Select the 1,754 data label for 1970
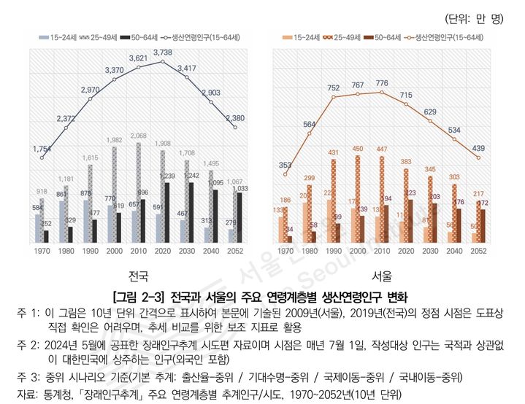click(x=42, y=149)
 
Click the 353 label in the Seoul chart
click(x=285, y=166)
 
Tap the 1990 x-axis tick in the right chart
click(x=333, y=251)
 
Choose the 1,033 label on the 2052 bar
click(x=240, y=188)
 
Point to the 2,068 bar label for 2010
click(x=138, y=136)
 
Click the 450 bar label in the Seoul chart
click(x=358, y=149)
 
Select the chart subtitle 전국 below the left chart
click(x=138, y=276)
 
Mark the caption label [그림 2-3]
click(x=139, y=298)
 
